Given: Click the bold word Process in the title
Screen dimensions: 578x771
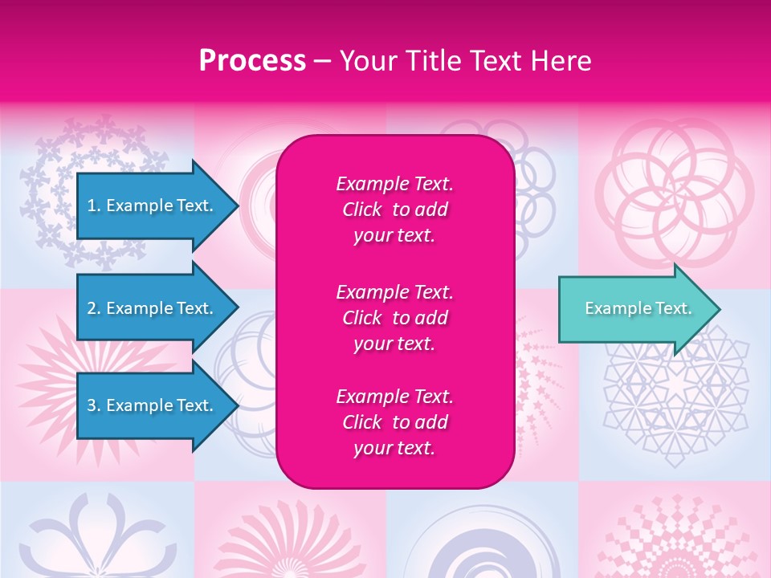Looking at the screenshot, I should tap(252, 61).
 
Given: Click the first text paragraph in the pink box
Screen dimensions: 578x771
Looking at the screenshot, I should tap(394, 210).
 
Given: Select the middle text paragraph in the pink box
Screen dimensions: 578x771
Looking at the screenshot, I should tap(394, 318).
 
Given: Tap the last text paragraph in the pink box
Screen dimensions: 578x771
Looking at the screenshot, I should tap(394, 422).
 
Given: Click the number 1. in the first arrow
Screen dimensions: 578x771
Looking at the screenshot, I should tap(94, 206).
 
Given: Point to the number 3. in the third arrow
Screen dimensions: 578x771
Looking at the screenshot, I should tap(94, 405).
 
